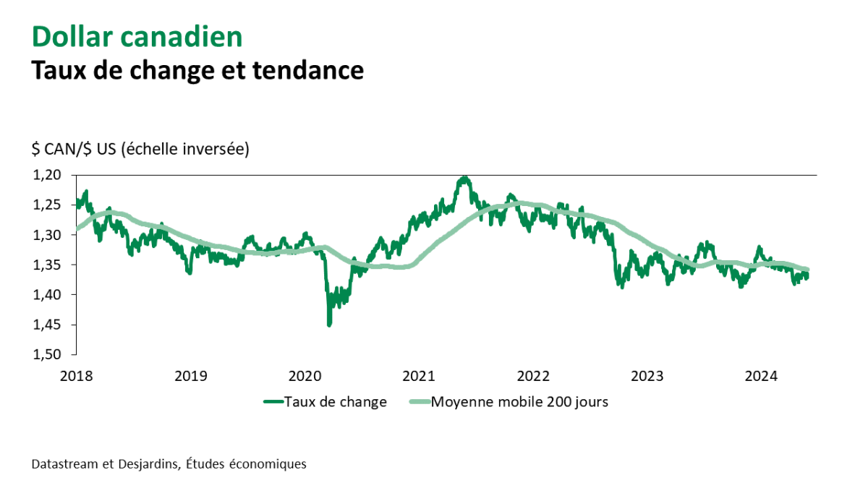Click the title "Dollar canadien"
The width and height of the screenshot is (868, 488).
pos(137,37)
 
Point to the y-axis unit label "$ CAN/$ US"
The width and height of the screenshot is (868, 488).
pos(73,150)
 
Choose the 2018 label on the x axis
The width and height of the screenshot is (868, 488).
pos(77,376)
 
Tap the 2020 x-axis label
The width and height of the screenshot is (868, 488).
pos(305,376)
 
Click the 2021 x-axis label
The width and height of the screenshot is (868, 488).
pos(419,376)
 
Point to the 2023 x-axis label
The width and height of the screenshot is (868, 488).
pos(647,376)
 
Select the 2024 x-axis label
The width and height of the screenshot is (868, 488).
pos(761,376)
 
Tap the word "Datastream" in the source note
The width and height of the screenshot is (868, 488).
pos(64,463)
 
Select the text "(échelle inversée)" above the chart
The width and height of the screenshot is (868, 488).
pos(185,150)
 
